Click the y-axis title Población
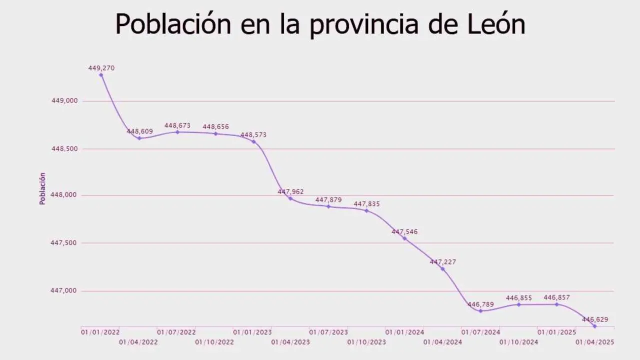(42, 188)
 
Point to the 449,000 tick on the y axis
(65, 101)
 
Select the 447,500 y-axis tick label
(65, 243)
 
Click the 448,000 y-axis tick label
(65, 195)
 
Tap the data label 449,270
(101, 68)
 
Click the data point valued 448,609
(139, 138)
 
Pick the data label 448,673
(177, 125)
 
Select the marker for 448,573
(253, 141)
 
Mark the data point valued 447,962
(290, 198)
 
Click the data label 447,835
(366, 204)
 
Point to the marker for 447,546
(404, 238)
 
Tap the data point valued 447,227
(442, 269)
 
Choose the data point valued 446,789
(480, 311)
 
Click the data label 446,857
(556, 297)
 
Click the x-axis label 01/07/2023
(328, 332)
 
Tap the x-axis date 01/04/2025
(594, 342)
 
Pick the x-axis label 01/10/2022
(214, 342)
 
